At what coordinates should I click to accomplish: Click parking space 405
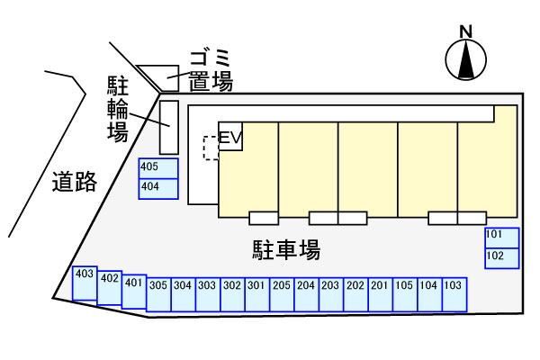point(158,168)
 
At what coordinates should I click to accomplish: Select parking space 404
point(158,188)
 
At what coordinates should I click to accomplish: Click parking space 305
point(158,294)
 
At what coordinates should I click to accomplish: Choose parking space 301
point(256,294)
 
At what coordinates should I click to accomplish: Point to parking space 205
point(281,294)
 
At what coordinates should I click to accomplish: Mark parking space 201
point(379,294)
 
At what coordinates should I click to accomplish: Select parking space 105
point(404,294)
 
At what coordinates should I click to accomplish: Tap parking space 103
point(454,294)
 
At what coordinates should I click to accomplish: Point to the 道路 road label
point(74,182)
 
